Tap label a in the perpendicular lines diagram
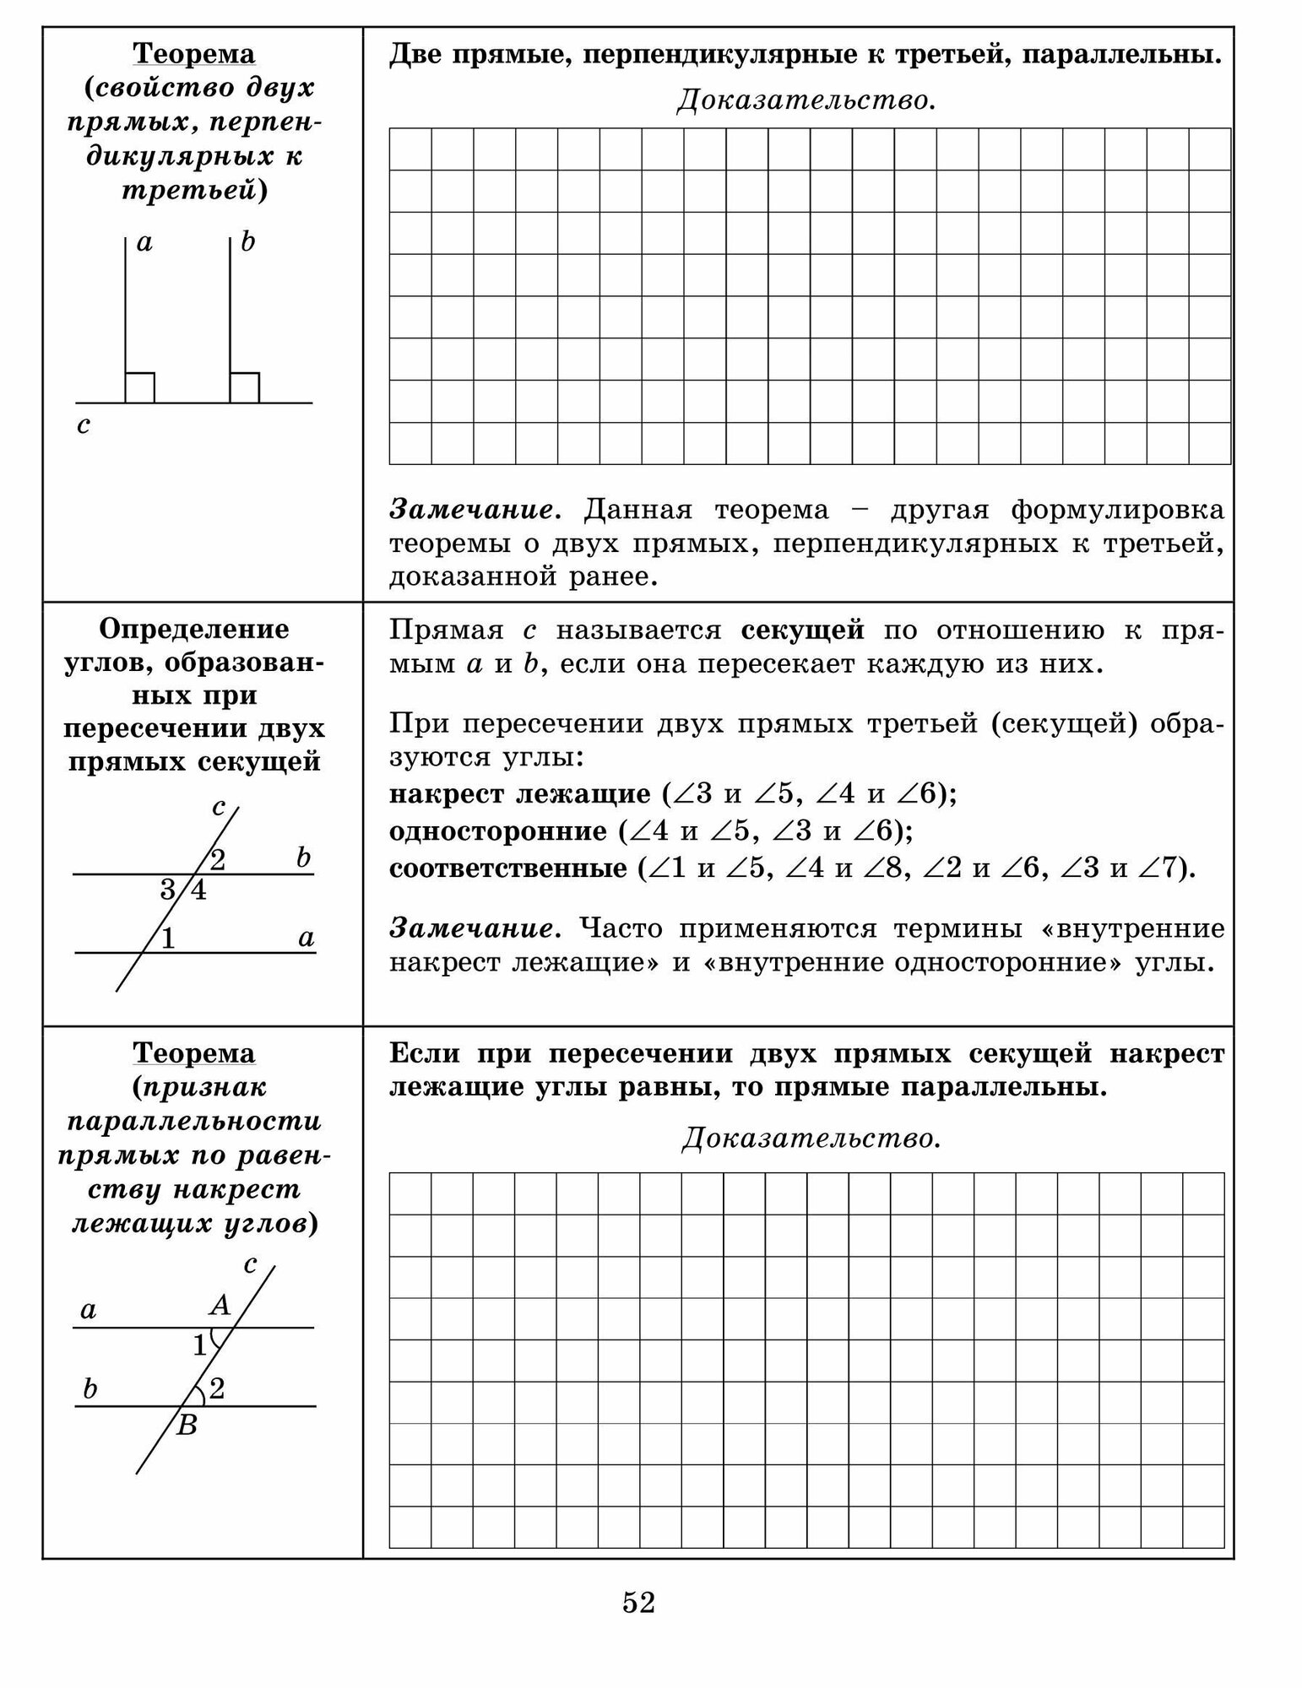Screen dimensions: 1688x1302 144,243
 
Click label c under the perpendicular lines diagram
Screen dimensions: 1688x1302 83,425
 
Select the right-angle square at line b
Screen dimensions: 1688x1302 245,387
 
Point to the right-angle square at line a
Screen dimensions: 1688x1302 139,387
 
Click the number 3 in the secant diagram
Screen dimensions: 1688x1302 168,890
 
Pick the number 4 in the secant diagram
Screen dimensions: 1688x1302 198,890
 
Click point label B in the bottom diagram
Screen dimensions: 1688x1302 187,1426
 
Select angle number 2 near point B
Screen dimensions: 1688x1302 217,1388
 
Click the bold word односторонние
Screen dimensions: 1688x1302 497,832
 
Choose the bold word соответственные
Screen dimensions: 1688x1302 507,868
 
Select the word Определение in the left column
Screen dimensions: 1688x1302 194,629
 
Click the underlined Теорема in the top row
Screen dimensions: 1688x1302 194,54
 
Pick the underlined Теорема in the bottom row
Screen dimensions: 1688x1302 194,1053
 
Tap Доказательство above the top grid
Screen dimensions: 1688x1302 806,101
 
